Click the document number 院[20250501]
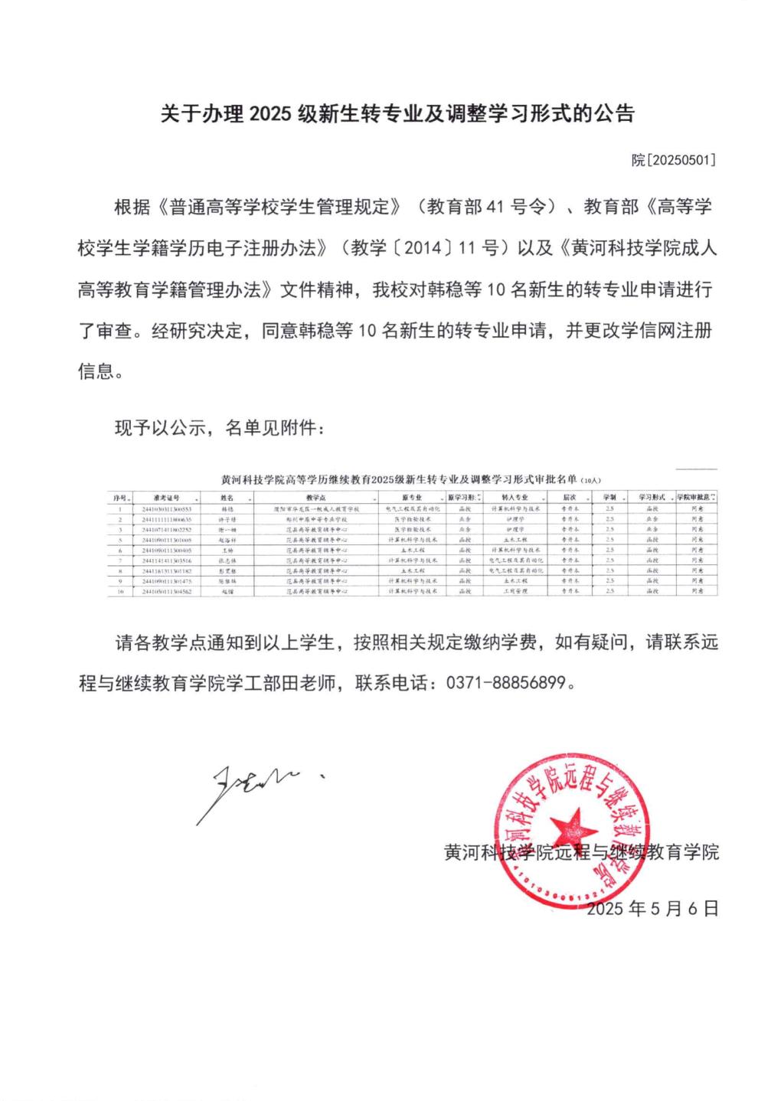coord(673,160)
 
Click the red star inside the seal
coord(573,828)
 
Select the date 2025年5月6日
coord(652,909)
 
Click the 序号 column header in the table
coord(120,498)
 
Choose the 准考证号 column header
coord(166,498)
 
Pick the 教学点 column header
coord(316,498)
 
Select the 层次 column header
coord(569,498)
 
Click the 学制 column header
coord(609,498)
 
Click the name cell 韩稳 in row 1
coord(227,508)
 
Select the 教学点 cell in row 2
coord(316,519)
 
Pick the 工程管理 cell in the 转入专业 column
coord(514,592)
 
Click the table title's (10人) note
coord(592,482)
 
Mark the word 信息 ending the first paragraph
coord(96,372)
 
